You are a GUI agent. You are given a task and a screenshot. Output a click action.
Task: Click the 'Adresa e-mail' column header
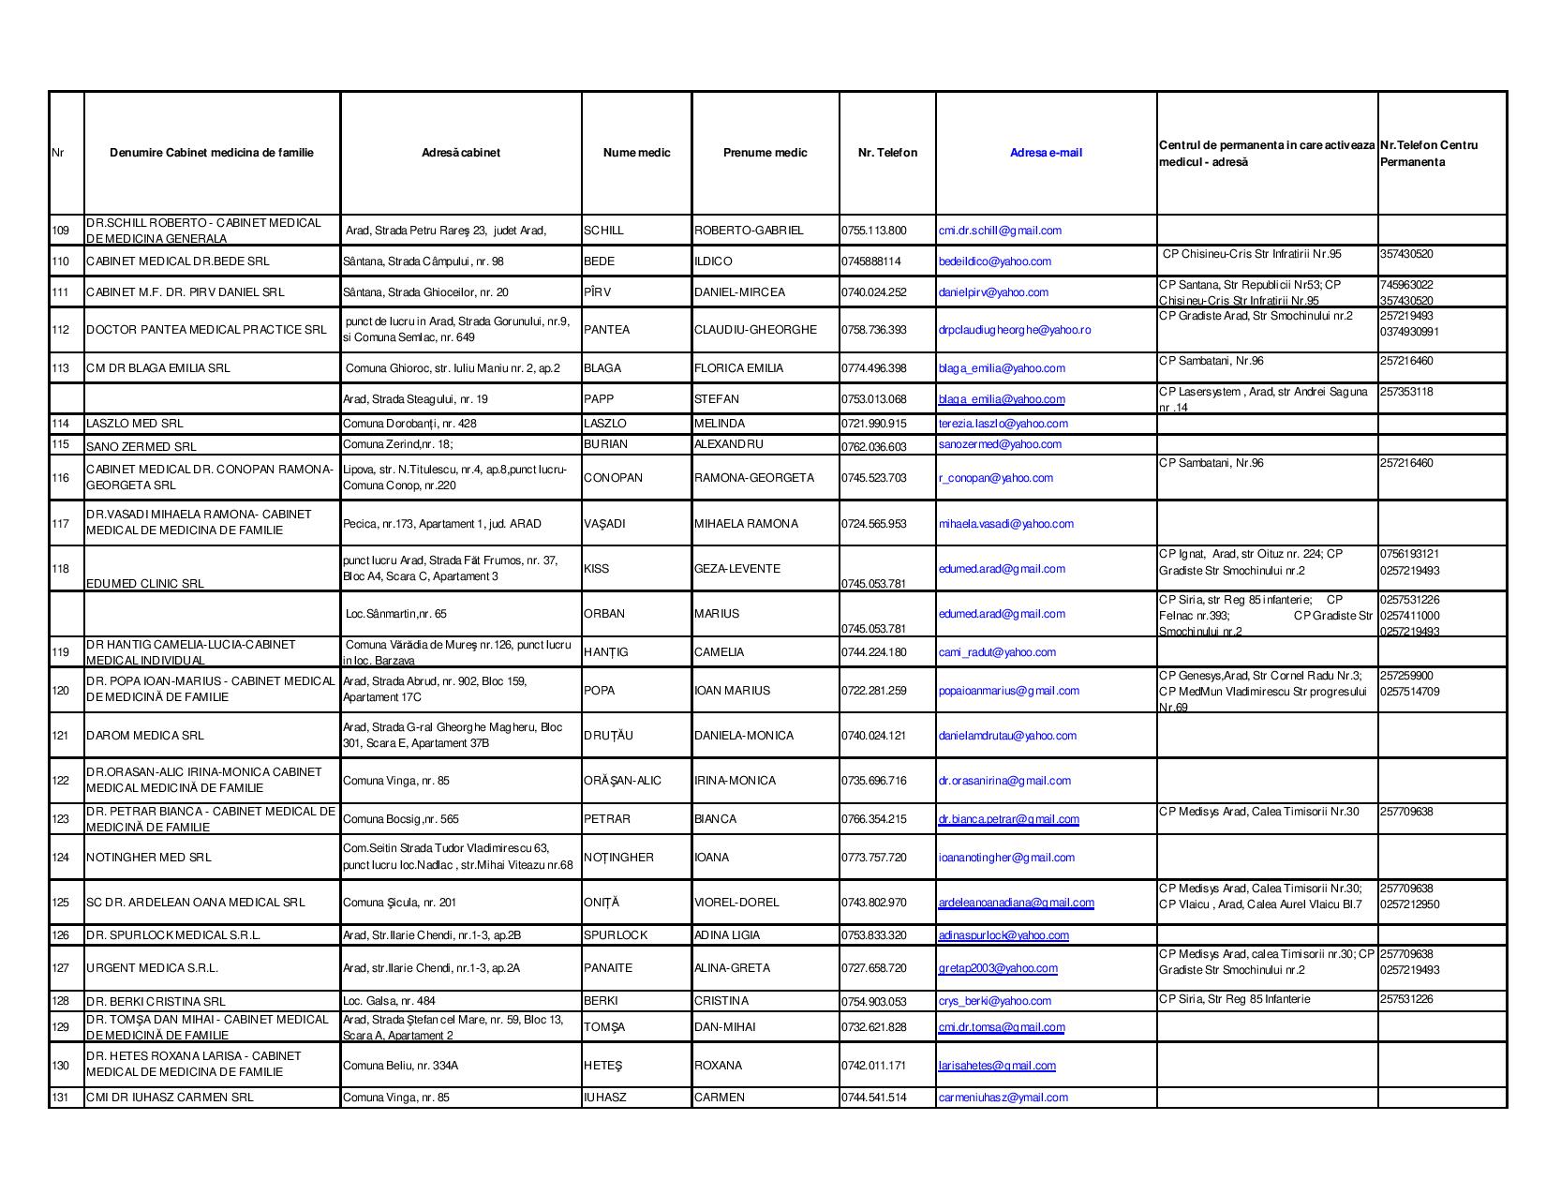1046,153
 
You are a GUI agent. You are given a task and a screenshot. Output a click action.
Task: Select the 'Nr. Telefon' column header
887,153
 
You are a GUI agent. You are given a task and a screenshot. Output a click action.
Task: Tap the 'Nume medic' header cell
636,153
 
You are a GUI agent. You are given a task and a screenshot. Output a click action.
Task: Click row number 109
60,231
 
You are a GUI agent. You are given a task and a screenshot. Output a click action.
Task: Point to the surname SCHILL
603,231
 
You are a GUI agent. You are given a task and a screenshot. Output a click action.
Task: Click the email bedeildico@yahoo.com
994,261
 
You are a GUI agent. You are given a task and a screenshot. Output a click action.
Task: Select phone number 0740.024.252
873,292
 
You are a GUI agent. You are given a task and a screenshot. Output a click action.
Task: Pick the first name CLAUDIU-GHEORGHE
755,330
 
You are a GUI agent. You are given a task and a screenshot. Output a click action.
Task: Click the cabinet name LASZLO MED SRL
135,424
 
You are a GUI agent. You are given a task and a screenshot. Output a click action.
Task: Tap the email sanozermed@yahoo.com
1000,444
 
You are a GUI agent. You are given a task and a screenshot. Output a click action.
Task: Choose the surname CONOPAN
613,478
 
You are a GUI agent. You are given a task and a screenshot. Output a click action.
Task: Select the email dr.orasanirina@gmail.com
1003,781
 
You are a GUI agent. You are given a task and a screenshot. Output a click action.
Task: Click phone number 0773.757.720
873,858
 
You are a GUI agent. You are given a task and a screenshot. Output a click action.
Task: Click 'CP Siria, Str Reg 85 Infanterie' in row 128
1234,999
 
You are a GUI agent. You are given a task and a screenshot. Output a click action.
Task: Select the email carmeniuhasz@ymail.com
1003,1098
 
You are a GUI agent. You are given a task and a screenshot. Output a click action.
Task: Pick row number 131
60,1098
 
